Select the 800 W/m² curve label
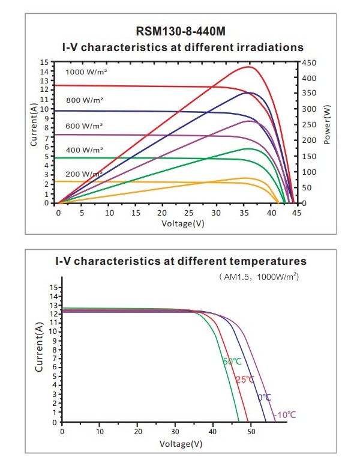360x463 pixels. pos(85,99)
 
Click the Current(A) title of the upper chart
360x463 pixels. pos(34,125)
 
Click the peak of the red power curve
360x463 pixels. pos(248,67)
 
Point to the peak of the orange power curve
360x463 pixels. pos(245,178)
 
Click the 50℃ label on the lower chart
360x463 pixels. pos(232,362)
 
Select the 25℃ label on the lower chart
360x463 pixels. pos(245,380)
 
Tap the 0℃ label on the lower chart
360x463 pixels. pos(264,398)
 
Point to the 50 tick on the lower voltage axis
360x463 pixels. pos(251,431)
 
